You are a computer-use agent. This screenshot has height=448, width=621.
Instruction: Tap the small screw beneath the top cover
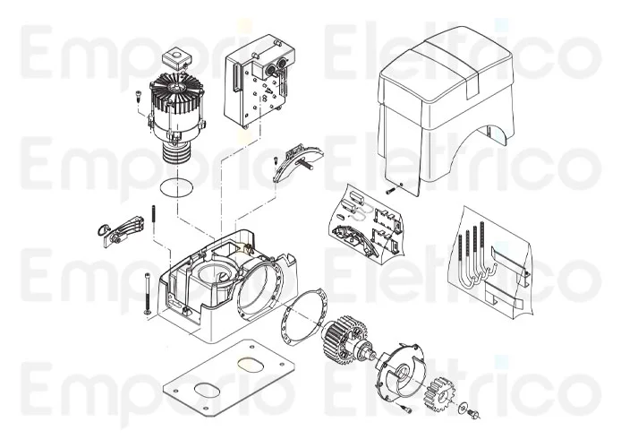click(x=390, y=190)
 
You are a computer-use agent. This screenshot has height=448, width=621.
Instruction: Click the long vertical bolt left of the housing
click(x=142, y=291)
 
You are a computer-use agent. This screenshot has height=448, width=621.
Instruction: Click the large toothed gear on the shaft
click(x=343, y=341)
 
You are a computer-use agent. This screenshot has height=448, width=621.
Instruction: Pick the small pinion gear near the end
click(x=442, y=393)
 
